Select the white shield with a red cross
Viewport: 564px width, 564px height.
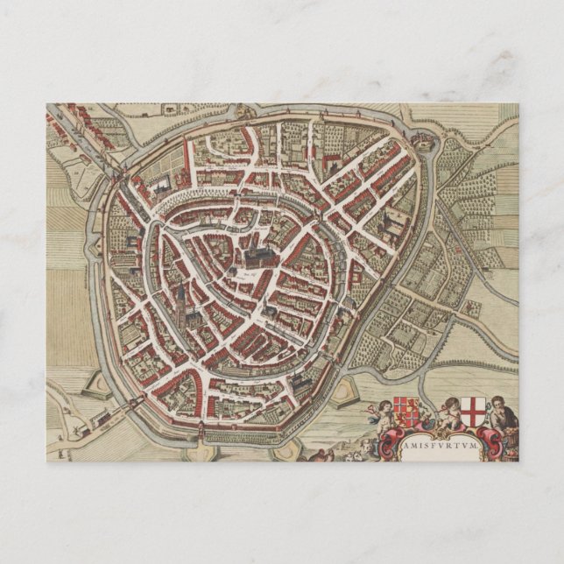coord(475,411)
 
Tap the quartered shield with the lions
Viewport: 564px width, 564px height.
coord(404,411)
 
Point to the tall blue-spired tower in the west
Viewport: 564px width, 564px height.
coord(181,300)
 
